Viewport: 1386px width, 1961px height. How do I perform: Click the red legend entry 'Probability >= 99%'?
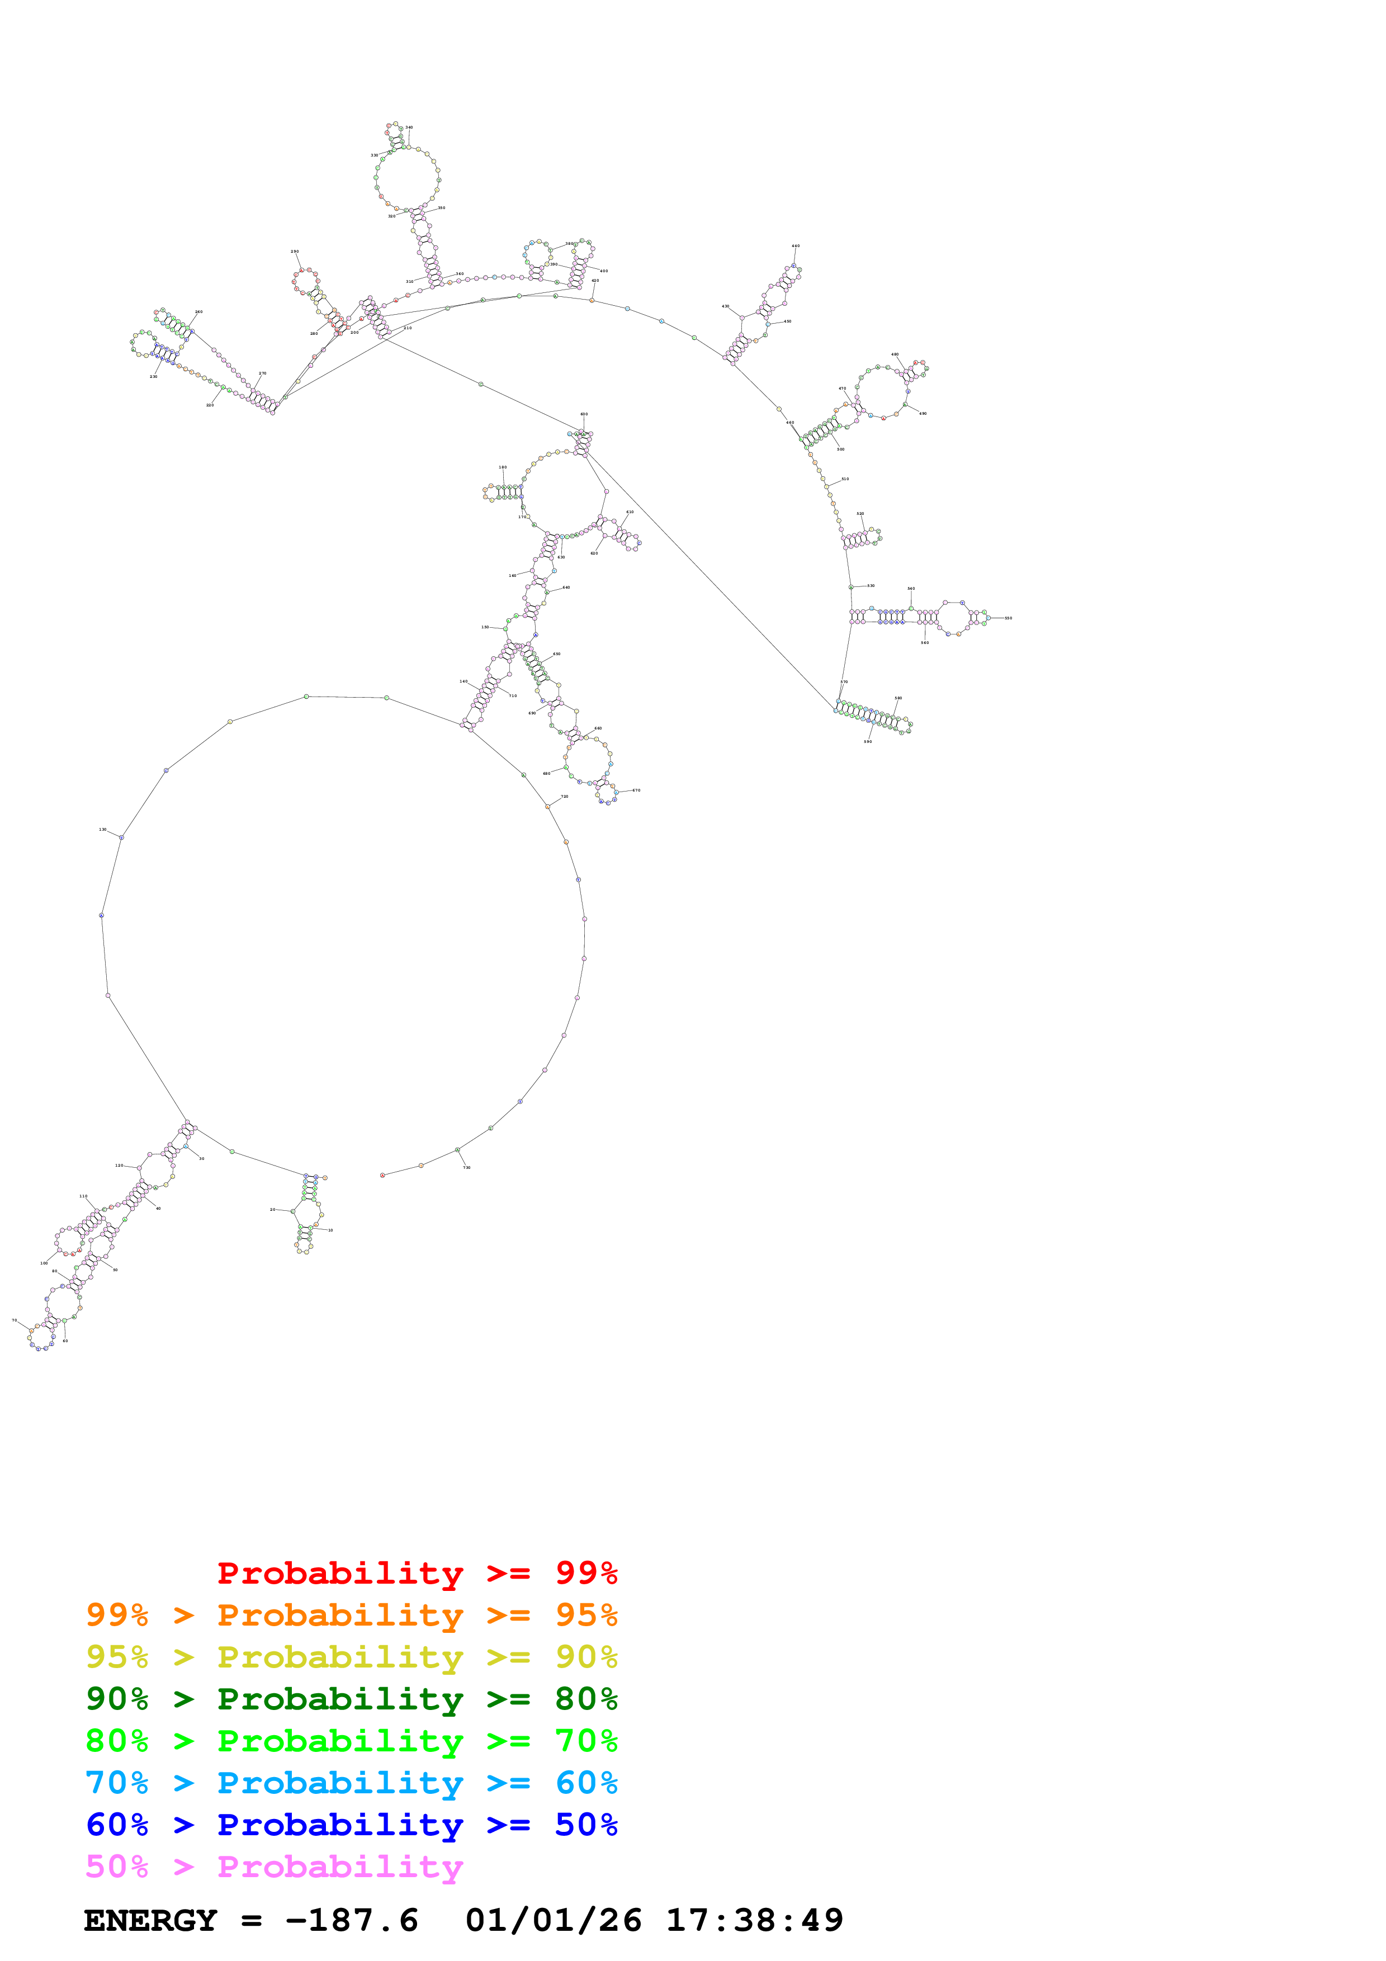point(417,1572)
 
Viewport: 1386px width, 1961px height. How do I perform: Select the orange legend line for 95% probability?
point(351,1614)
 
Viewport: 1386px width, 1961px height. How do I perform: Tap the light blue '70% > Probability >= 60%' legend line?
point(351,1783)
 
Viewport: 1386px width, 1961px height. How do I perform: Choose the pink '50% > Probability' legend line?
point(274,1866)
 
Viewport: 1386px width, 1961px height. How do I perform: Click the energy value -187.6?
point(352,1921)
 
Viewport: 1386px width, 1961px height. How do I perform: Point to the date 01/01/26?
point(554,1921)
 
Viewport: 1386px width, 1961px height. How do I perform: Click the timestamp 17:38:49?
point(754,1921)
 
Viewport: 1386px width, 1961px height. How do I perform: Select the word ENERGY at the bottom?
point(150,1921)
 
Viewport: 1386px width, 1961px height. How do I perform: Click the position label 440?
point(795,246)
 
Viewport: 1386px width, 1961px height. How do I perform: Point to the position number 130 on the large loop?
point(102,830)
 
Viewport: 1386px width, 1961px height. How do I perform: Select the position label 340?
point(409,127)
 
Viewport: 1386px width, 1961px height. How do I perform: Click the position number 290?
point(295,252)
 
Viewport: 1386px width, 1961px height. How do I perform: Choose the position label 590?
point(868,741)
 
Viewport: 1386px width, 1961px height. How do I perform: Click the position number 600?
point(584,414)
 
